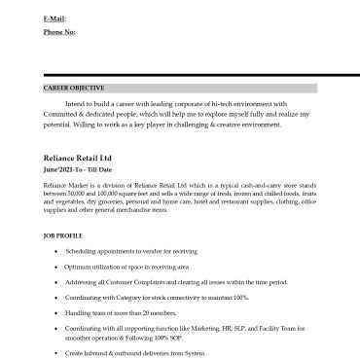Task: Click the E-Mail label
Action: (x=55, y=18)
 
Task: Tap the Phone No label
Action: (x=58, y=32)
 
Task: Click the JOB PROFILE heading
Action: (x=63, y=235)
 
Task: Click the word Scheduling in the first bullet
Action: (x=82, y=251)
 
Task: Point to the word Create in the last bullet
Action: (x=75, y=352)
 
